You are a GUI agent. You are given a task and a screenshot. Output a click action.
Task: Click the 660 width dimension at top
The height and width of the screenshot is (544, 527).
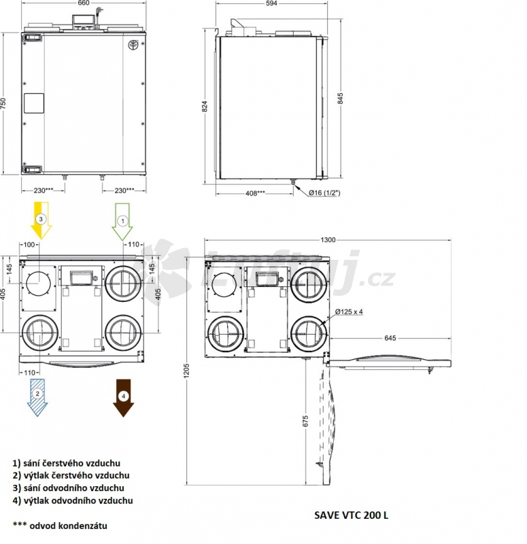point(84,3)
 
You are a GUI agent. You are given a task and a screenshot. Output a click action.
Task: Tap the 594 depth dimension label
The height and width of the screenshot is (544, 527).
point(271,3)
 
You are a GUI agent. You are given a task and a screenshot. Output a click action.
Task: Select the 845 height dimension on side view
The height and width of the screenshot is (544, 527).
point(341,98)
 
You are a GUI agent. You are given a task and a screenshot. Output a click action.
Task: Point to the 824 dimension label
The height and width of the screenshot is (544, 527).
point(205,106)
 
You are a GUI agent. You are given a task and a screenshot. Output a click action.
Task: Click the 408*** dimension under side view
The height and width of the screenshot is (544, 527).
point(256,193)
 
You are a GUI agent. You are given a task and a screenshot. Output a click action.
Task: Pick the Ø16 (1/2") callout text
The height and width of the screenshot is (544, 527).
point(324,192)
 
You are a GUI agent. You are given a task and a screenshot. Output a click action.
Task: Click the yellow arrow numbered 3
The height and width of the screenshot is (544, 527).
point(41,220)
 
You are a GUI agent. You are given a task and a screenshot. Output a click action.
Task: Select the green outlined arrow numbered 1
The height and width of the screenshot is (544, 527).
point(122,222)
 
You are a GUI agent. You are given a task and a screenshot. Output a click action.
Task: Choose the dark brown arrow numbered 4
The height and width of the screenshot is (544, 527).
point(123,398)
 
